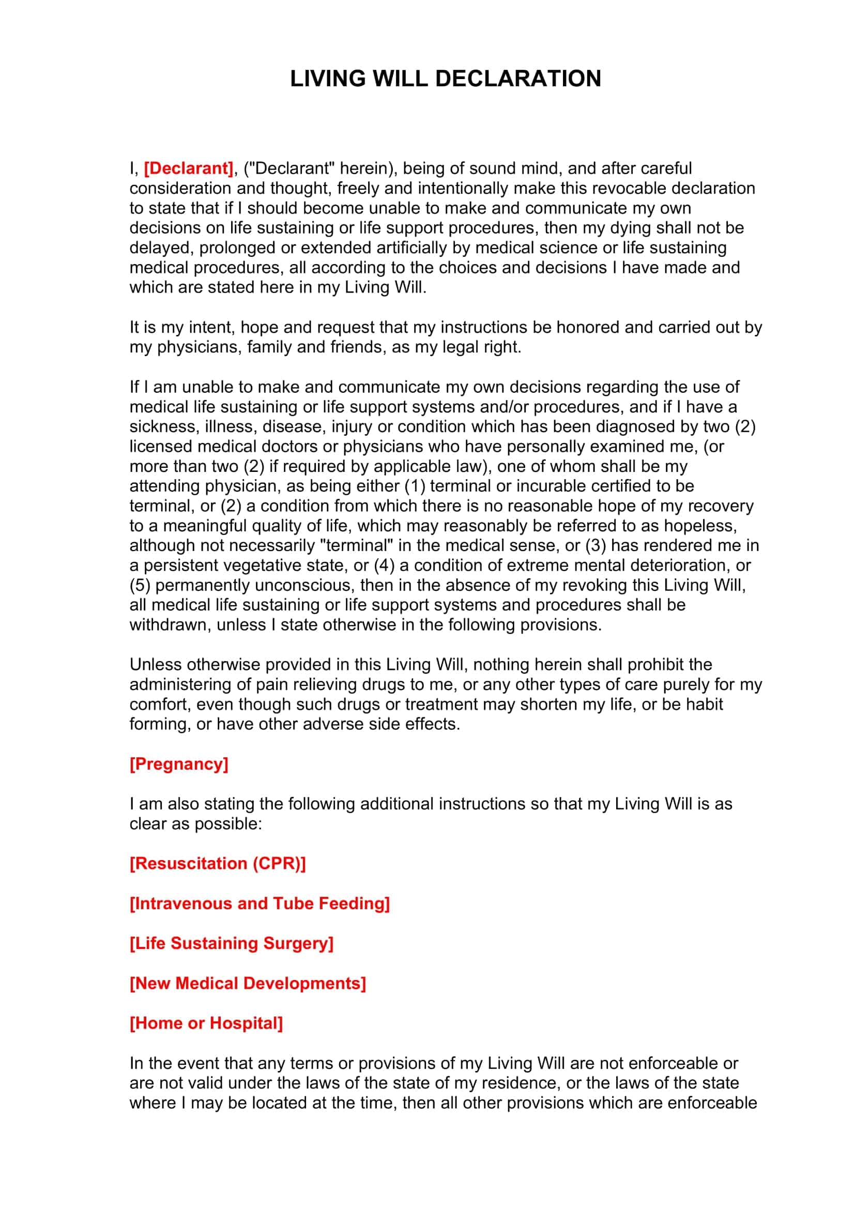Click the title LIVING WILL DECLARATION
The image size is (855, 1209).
tap(446, 79)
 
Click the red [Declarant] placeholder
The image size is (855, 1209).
tap(189, 169)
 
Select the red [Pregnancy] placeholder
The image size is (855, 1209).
tap(179, 764)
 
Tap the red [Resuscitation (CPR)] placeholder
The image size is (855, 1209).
tap(218, 864)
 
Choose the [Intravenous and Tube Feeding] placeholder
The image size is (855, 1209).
tap(259, 904)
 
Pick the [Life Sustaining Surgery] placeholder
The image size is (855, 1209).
tap(232, 943)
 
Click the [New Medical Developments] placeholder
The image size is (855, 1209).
tap(248, 983)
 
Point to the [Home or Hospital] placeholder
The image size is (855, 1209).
tap(206, 1023)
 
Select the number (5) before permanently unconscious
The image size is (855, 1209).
tap(140, 586)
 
